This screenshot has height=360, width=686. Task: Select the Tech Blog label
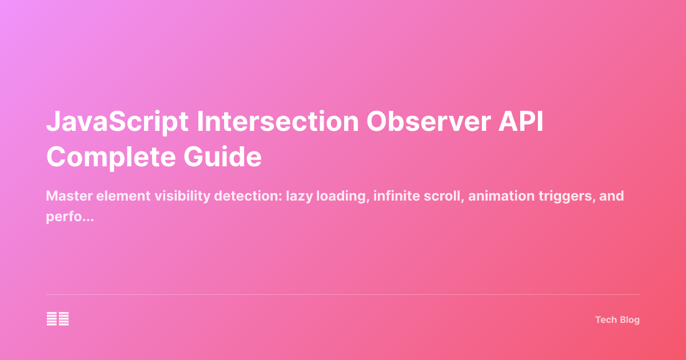617,320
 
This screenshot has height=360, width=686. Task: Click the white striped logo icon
58,319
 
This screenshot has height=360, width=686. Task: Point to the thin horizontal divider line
343,295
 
